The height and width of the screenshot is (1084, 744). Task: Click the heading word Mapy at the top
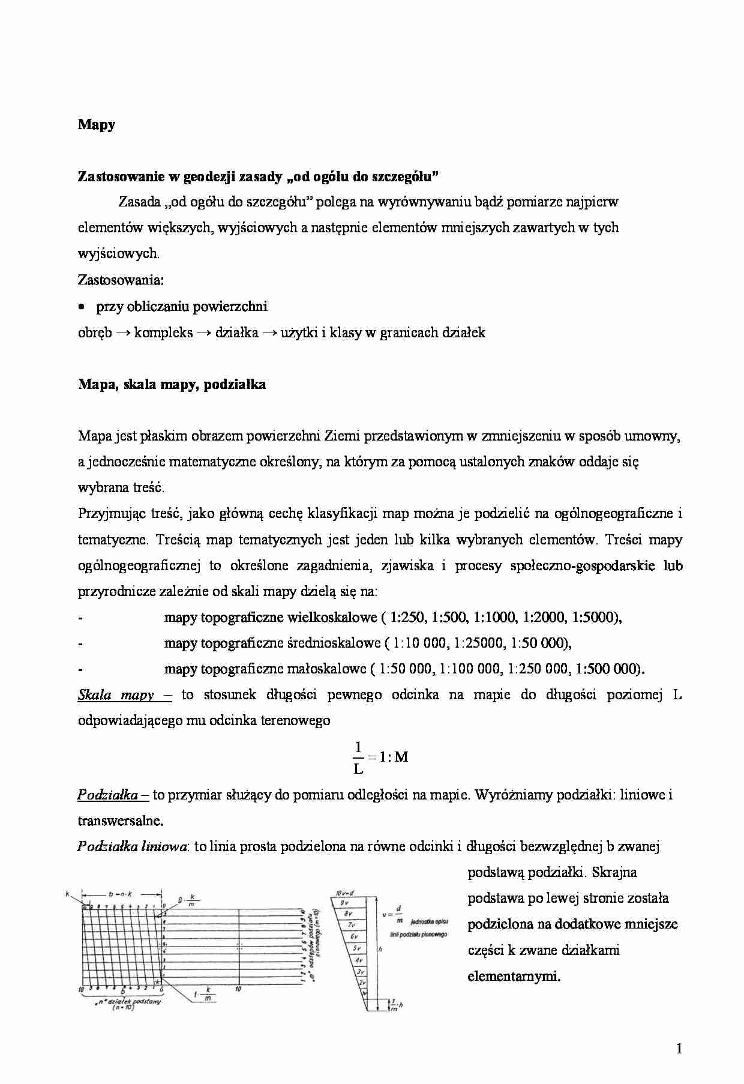[x=97, y=125]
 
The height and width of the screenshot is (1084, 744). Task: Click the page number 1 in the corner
[x=679, y=1050]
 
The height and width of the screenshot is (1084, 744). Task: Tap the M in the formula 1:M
[x=401, y=757]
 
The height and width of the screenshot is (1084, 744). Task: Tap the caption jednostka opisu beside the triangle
[x=428, y=921]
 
